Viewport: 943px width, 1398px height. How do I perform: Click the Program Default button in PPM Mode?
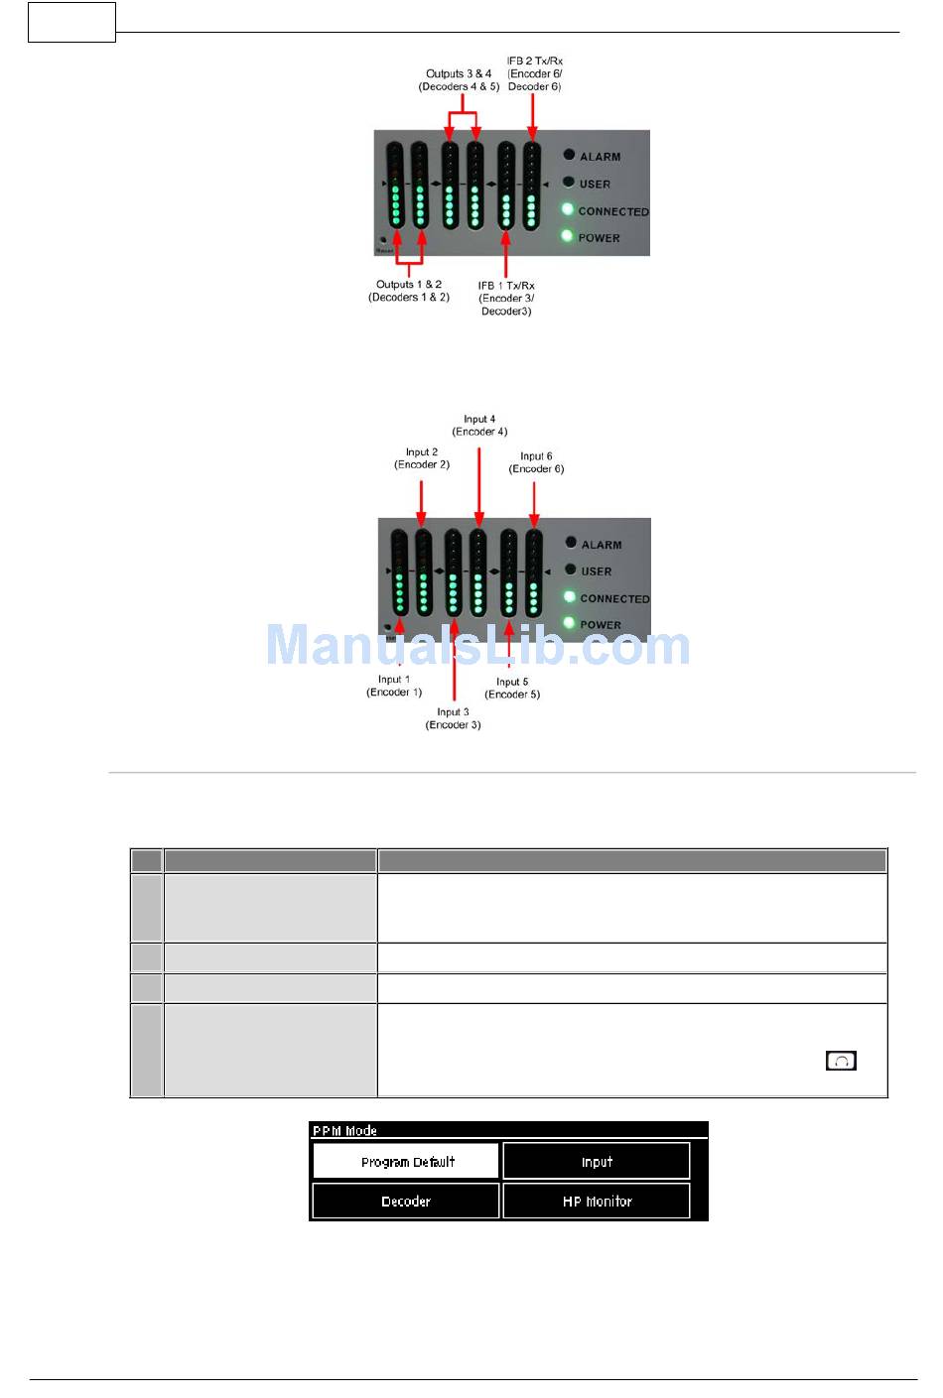pyautogui.click(x=406, y=1161)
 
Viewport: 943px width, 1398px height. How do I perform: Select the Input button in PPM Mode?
pyautogui.click(x=597, y=1161)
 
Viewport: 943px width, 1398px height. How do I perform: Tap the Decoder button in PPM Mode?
pyautogui.click(x=406, y=1201)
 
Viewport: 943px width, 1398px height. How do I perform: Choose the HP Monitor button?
pyautogui.click(x=597, y=1201)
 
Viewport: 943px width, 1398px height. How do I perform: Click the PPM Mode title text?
pyautogui.click(x=344, y=1130)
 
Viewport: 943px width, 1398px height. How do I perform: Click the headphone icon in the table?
pyautogui.click(x=841, y=1061)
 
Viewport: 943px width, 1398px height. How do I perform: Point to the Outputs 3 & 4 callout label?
pyautogui.click(x=459, y=80)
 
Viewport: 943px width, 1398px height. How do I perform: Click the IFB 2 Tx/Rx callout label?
pyautogui.click(x=535, y=73)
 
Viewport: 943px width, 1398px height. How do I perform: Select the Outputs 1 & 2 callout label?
pyautogui.click(x=409, y=291)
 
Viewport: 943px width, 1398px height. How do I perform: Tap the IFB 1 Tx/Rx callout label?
pyautogui.click(x=506, y=298)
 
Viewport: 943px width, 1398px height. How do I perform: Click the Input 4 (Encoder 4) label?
pyautogui.click(x=479, y=426)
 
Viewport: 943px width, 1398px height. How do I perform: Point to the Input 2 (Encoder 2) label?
pyautogui.click(x=422, y=458)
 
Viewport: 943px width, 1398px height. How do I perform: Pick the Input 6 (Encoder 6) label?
pyautogui.click(x=536, y=462)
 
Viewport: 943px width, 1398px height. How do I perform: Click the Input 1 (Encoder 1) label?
pyautogui.click(x=394, y=686)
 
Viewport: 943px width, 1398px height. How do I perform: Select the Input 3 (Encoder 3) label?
pyautogui.click(x=454, y=718)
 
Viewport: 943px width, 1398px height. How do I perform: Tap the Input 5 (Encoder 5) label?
pyautogui.click(x=512, y=688)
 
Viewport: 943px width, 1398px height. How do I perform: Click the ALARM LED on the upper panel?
pyautogui.click(x=569, y=155)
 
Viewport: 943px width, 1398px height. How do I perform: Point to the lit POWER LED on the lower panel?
pyautogui.click(x=570, y=623)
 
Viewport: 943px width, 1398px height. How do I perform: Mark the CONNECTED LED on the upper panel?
pyautogui.click(x=568, y=209)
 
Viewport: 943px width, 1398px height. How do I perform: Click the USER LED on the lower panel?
pyautogui.click(x=571, y=570)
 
